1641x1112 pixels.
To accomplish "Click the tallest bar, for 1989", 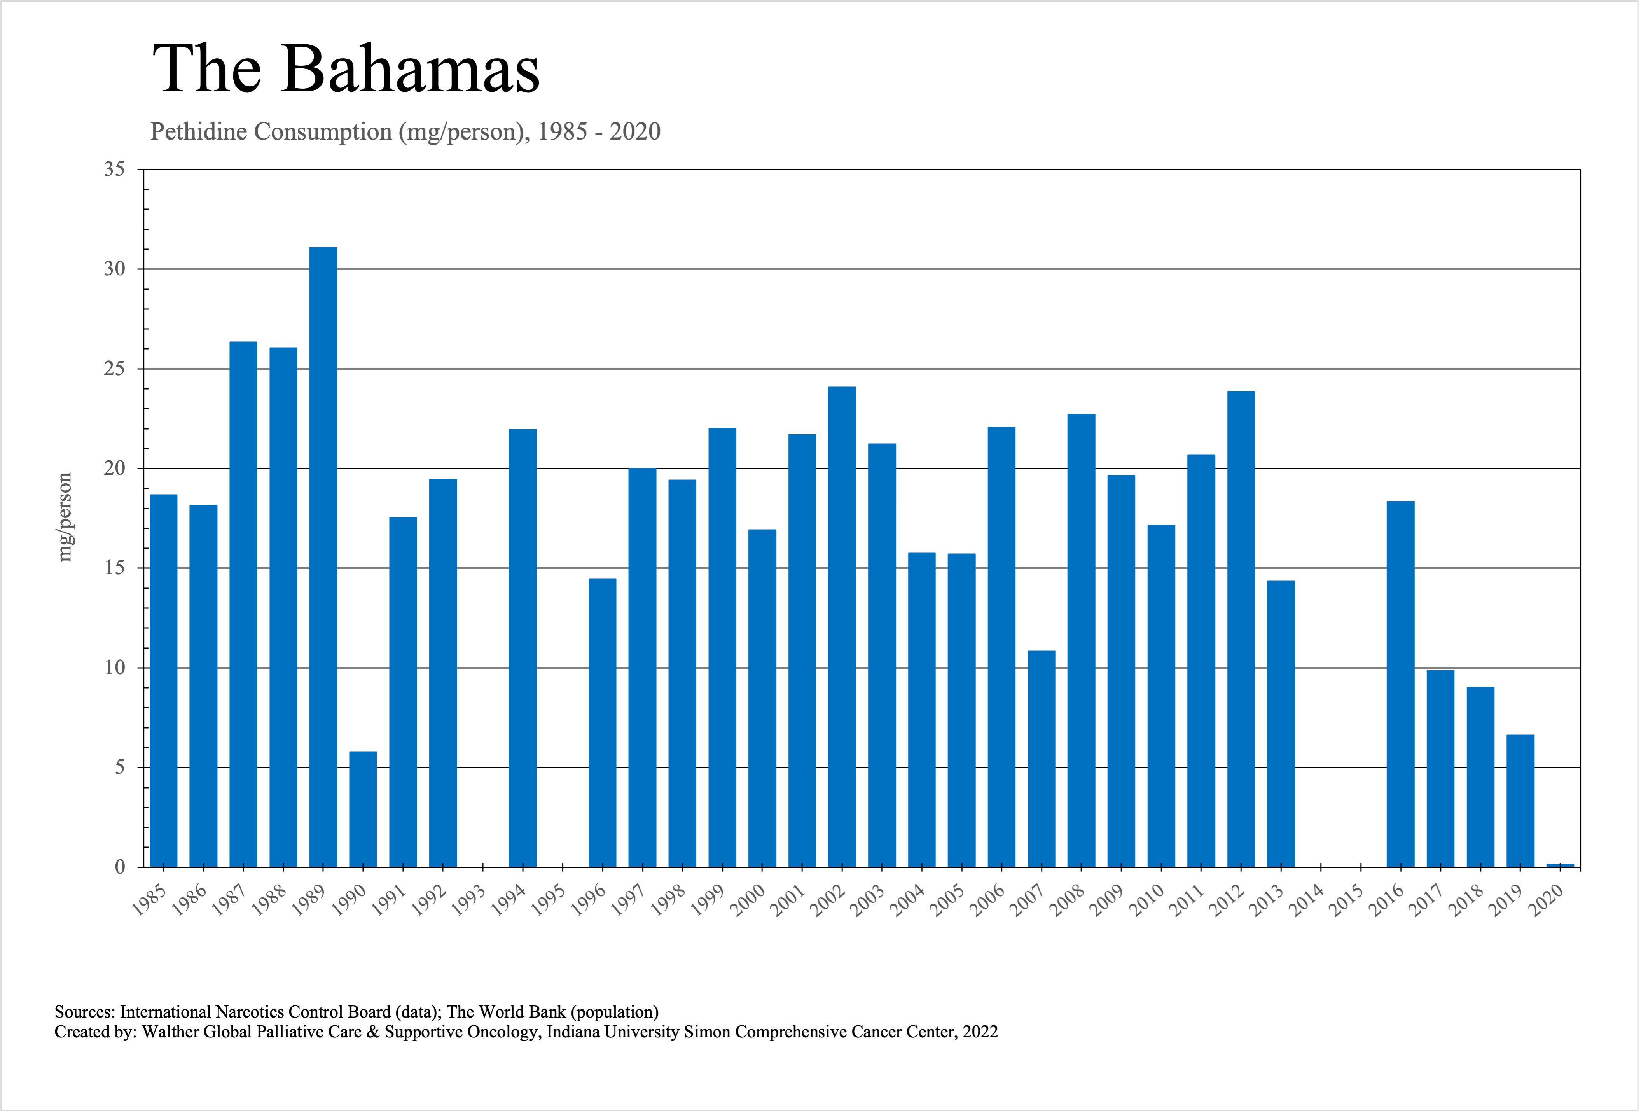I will tap(323, 558).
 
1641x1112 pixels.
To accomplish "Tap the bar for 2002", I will tap(842, 627).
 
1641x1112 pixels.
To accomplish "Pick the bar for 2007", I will tap(1042, 759).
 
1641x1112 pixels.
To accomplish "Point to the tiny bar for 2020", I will tap(1560, 865).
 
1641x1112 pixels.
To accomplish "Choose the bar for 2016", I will tap(1400, 684).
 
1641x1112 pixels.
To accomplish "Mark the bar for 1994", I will tap(523, 648).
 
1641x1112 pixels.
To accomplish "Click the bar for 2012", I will tap(1241, 628).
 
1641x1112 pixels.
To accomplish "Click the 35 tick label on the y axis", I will tap(114, 170).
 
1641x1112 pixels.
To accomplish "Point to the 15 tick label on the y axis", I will tap(114, 568).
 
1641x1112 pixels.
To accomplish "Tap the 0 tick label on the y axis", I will tap(120, 867).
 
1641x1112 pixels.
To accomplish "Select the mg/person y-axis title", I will tap(65, 517).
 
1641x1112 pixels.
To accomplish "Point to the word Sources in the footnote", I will tap(84, 1012).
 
